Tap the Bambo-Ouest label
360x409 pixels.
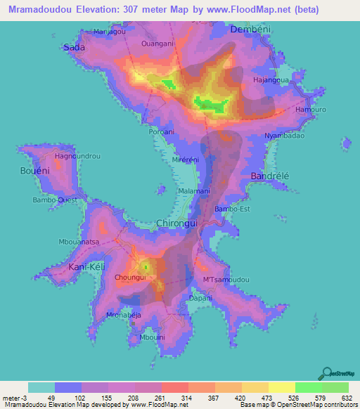tap(54, 200)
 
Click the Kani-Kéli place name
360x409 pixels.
tap(86, 267)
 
